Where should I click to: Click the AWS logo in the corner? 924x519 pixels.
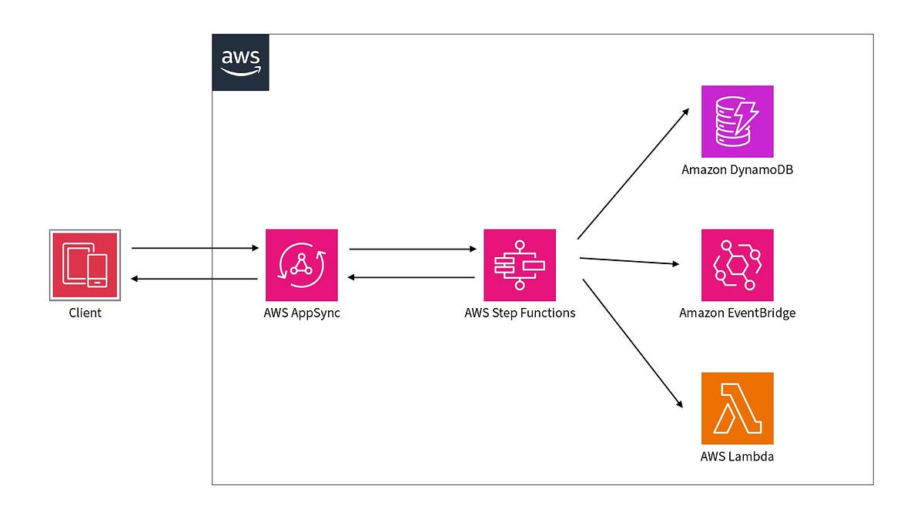[x=240, y=62]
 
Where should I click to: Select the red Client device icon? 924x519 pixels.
[x=84, y=264]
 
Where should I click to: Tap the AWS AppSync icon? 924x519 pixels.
[x=301, y=264]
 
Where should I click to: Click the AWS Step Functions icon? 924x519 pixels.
[x=519, y=264]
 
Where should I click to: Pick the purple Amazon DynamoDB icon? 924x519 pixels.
[x=737, y=121]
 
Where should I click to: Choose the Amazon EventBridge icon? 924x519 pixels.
[x=737, y=264]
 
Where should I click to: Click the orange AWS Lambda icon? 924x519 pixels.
[x=737, y=408]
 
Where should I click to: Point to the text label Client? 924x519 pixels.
[x=84, y=313]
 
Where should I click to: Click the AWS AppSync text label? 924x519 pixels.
[x=301, y=313]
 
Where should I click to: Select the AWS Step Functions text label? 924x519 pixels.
[x=520, y=313]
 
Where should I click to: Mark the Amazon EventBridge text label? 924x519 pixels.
[x=737, y=313]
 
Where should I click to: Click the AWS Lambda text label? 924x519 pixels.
[x=737, y=457]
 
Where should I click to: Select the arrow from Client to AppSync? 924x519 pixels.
[x=195, y=249]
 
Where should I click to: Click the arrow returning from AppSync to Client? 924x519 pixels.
[x=195, y=279]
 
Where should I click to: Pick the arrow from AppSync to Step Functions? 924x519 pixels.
[x=412, y=249]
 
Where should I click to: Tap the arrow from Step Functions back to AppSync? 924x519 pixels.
[x=412, y=277]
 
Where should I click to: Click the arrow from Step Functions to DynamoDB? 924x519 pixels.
[x=632, y=174]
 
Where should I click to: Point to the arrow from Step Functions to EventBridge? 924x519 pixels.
[x=629, y=261]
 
